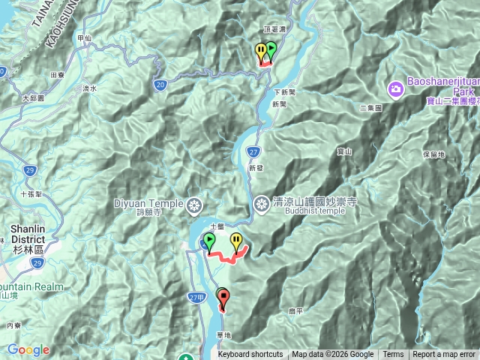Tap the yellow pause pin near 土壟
coord(237,241)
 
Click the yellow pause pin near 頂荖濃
coord(261,51)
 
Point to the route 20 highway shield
coord(160,85)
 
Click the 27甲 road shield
coord(196,298)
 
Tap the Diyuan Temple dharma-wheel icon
coord(194,204)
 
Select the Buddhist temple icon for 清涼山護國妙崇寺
coord(261,202)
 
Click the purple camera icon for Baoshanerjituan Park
coord(395,90)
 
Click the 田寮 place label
coord(57,75)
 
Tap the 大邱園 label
coord(33,98)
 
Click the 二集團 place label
coord(370,108)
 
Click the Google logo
coord(28,349)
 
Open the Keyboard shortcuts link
coord(250,355)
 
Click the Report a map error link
coord(443,355)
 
